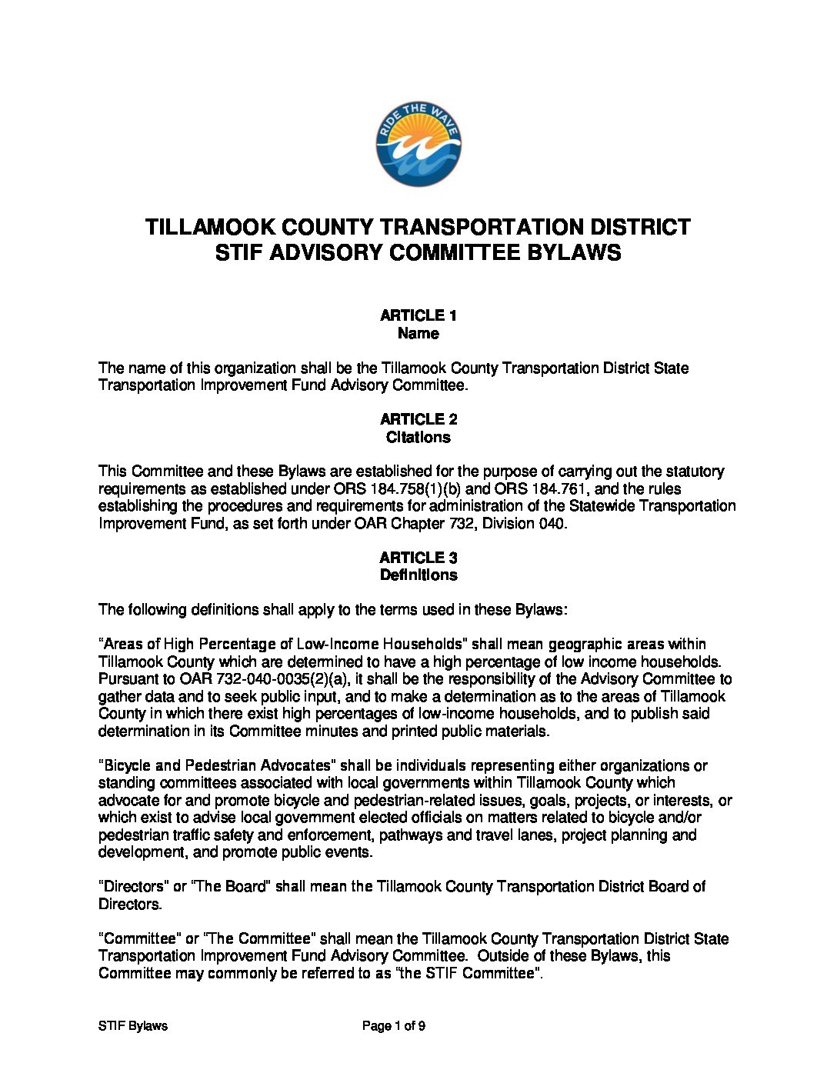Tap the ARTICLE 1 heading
point(418,315)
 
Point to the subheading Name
point(418,334)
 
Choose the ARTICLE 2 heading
point(418,419)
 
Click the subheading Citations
point(418,438)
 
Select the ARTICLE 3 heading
point(418,558)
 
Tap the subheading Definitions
point(418,575)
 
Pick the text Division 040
point(527,524)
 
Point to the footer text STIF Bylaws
point(133,1026)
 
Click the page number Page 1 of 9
point(394,1026)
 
